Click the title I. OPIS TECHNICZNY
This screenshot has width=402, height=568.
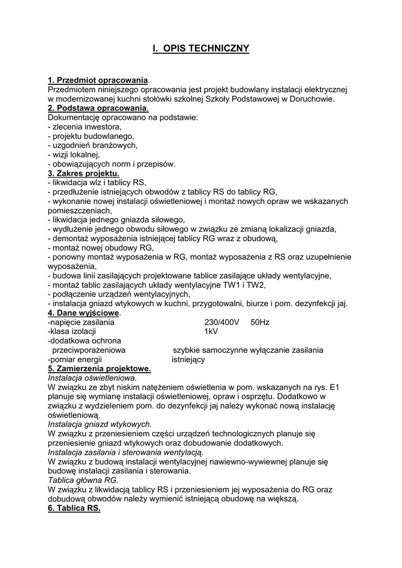201,48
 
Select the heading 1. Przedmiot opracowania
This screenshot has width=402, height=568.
98,80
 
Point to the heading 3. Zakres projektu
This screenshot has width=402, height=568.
84,173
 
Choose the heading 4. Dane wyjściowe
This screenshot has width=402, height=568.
84,313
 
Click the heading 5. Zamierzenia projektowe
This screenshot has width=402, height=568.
99,369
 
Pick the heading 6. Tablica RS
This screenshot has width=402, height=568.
74,508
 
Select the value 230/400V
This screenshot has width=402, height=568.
222,322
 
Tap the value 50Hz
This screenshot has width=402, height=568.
260,322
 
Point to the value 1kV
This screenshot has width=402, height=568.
211,332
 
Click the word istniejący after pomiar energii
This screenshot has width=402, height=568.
188,359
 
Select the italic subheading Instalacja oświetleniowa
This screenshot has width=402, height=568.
92,378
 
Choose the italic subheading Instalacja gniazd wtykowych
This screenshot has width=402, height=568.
100,424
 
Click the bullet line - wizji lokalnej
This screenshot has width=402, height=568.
74,155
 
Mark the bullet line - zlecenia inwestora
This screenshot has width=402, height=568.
84,127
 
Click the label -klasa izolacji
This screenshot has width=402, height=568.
72,332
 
